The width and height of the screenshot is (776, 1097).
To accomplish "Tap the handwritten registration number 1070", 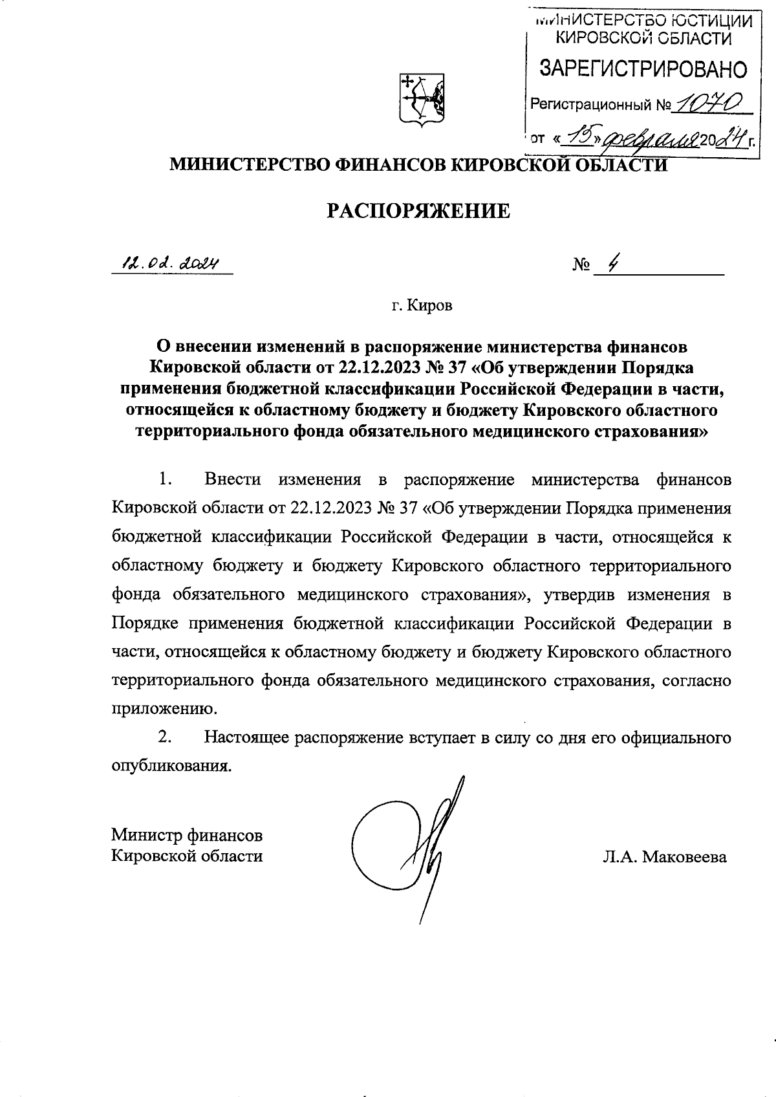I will click(707, 102).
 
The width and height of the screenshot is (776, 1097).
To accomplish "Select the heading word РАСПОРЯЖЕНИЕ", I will click(417, 210).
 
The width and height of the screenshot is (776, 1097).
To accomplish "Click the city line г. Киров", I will click(422, 305).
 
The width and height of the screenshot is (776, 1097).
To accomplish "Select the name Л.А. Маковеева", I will click(664, 858).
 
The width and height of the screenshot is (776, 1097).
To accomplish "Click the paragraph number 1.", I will click(164, 479).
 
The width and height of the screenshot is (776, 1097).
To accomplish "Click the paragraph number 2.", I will click(164, 737).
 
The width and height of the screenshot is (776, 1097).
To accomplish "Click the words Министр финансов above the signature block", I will click(187, 834).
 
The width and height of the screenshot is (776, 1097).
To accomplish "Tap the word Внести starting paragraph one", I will click(232, 479).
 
